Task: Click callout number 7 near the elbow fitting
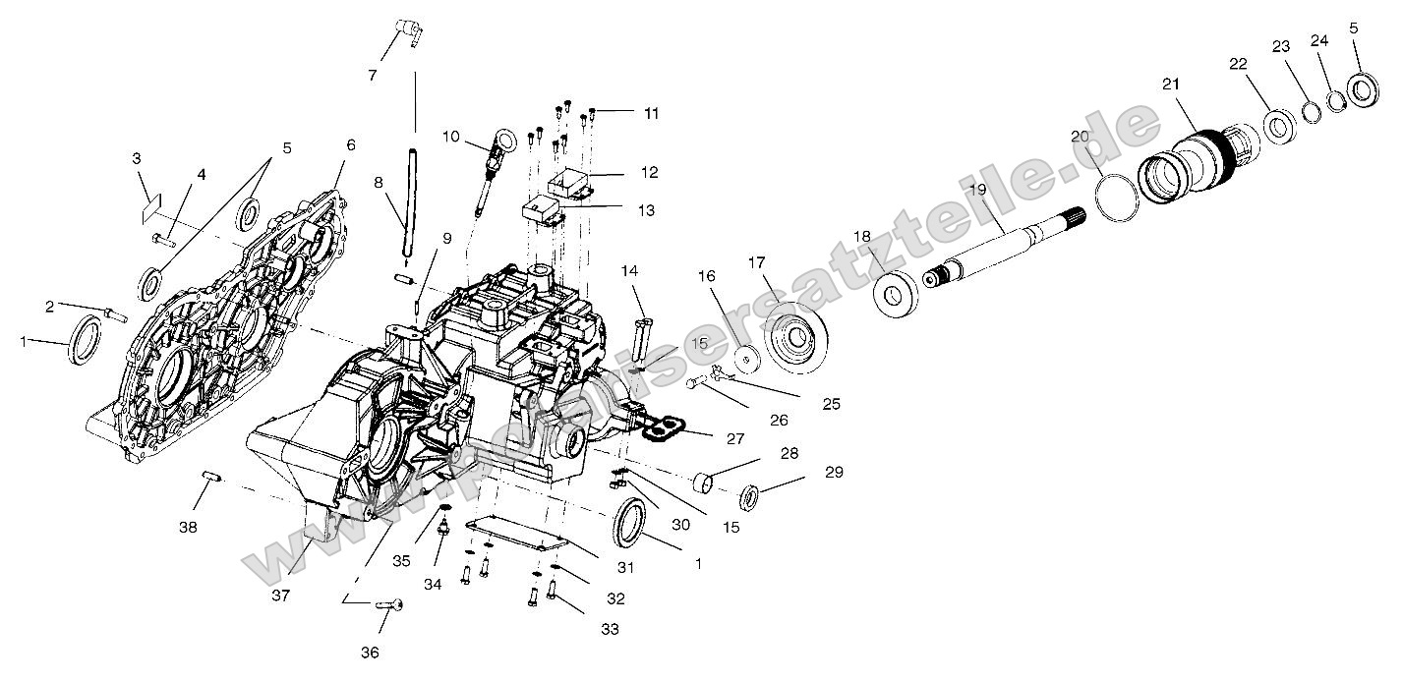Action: click(x=373, y=75)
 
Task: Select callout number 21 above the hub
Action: click(x=1171, y=85)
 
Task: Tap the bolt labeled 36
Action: click(x=390, y=606)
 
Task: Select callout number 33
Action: click(x=610, y=629)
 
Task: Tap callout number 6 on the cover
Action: click(x=350, y=143)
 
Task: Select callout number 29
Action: click(x=834, y=474)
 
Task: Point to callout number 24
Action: click(x=1319, y=40)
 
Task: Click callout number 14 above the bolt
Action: click(x=629, y=270)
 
